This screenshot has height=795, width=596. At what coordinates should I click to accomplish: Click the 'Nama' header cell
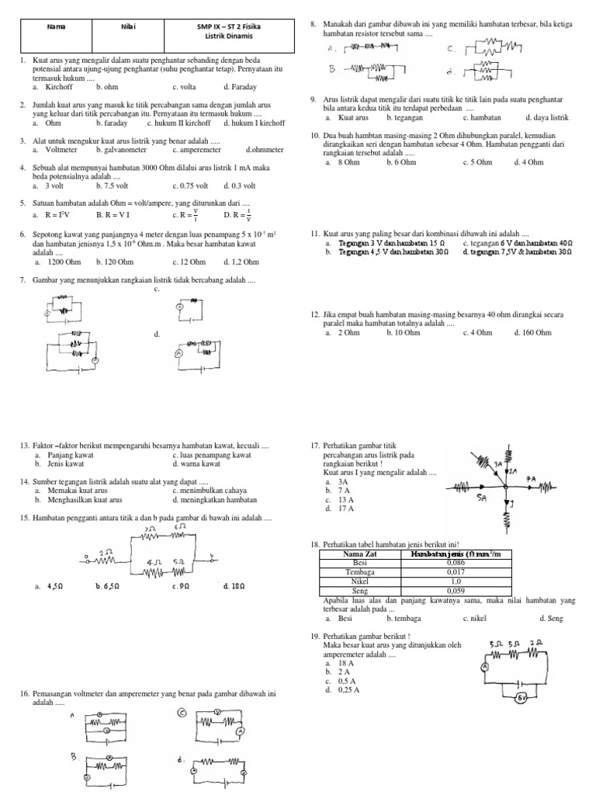[56, 26]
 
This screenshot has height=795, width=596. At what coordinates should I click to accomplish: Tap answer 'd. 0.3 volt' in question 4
[240, 186]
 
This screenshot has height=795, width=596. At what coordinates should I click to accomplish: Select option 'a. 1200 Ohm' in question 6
[53, 262]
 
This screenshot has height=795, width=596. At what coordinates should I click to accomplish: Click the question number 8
[313, 26]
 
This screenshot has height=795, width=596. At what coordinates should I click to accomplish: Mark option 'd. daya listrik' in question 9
[547, 117]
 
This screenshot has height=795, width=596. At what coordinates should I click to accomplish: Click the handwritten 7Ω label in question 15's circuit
[149, 529]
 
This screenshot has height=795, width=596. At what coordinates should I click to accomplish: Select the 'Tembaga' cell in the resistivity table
[359, 571]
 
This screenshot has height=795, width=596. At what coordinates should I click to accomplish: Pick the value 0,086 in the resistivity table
[456, 563]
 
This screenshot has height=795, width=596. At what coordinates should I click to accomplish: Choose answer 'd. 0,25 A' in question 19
[341, 689]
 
